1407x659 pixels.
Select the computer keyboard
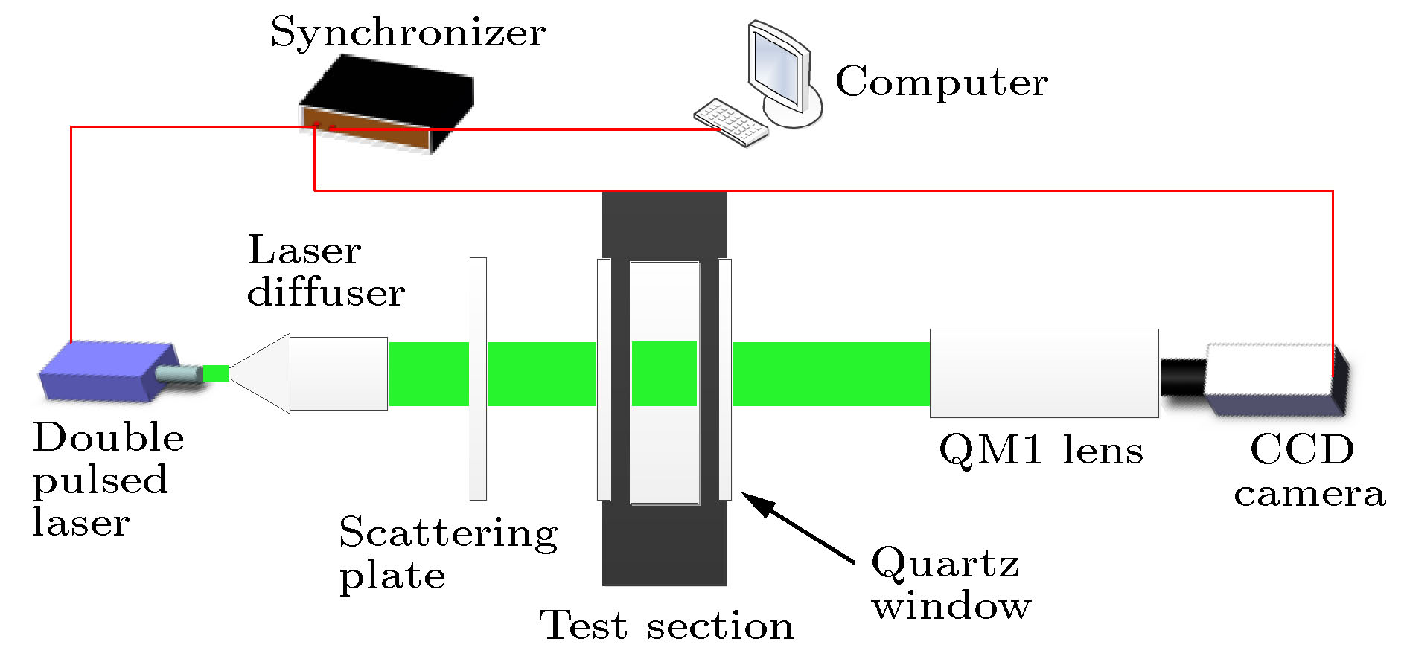[x=730, y=122]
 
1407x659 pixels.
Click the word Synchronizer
[x=408, y=33]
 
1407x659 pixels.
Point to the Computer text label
[x=942, y=82]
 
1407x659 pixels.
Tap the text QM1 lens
[x=1041, y=451]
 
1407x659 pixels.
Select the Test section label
[x=666, y=626]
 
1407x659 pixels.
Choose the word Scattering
[x=448, y=534]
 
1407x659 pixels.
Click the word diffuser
[x=326, y=292]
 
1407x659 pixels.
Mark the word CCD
[x=1302, y=450]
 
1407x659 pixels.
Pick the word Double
[x=109, y=437]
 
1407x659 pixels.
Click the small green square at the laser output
[x=216, y=373]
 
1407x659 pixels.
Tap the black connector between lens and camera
[x=1182, y=377]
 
